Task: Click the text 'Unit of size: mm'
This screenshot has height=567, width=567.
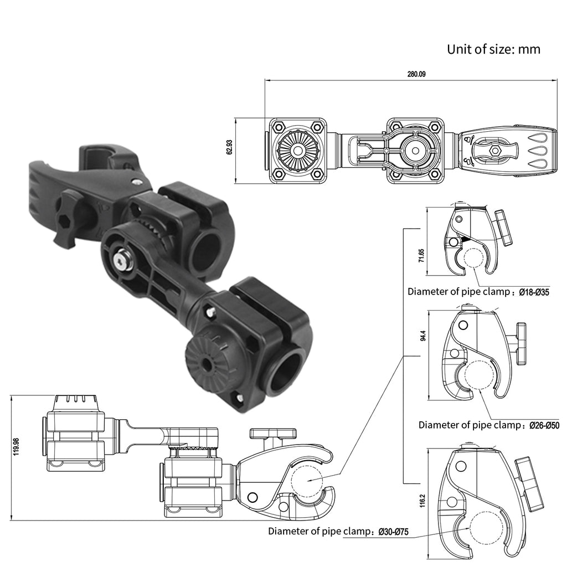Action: tap(493, 49)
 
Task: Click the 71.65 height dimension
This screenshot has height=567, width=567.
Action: tap(421, 255)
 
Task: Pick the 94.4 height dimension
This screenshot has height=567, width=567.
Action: tap(424, 336)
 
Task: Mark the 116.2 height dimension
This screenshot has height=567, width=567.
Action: tap(424, 502)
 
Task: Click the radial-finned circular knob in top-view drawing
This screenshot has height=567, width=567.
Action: tap(297, 151)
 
